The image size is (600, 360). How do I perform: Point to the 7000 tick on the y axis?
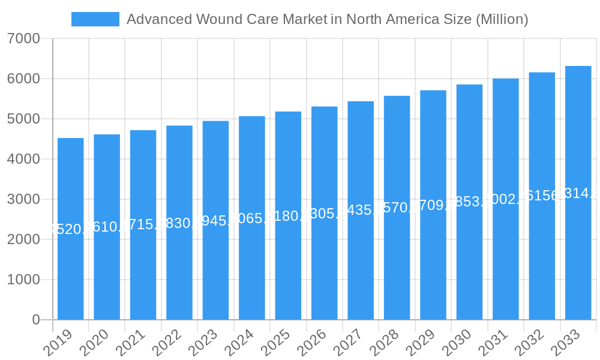click(x=23, y=39)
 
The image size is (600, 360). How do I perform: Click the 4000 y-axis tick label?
click(x=23, y=160)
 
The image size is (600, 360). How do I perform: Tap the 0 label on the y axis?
click(x=36, y=320)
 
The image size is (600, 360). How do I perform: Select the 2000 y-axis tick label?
click(x=23, y=239)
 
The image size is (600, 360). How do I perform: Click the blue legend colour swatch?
click(x=95, y=19)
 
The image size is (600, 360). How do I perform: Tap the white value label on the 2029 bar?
click(x=433, y=205)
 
